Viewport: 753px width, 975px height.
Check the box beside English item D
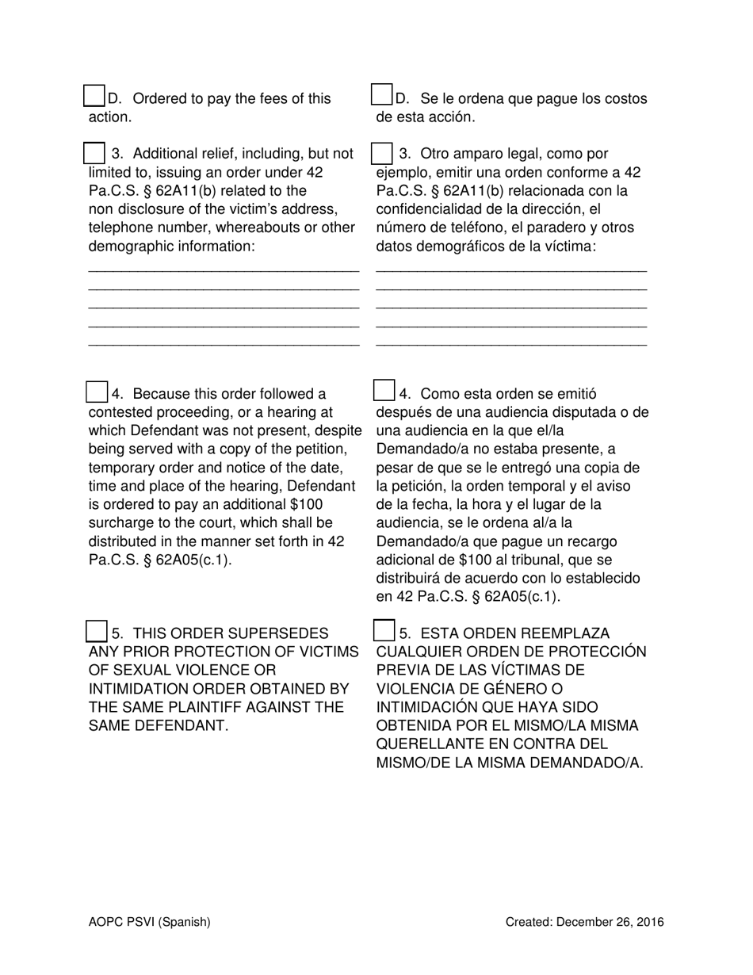click(94, 96)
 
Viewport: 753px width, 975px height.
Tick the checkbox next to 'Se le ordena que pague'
click(382, 96)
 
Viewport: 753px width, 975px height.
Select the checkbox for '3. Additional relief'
click(94, 153)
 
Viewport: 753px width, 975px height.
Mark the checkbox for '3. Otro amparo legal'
click(382, 153)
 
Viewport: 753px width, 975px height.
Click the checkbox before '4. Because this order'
click(96, 392)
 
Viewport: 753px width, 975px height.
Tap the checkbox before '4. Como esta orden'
click(384, 391)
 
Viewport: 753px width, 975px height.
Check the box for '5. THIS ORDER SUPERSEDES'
click(96, 632)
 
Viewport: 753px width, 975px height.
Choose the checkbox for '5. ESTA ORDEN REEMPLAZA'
click(384, 631)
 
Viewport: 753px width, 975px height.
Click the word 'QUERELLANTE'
click(426, 744)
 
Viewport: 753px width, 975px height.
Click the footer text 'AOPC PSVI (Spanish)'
click(150, 922)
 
